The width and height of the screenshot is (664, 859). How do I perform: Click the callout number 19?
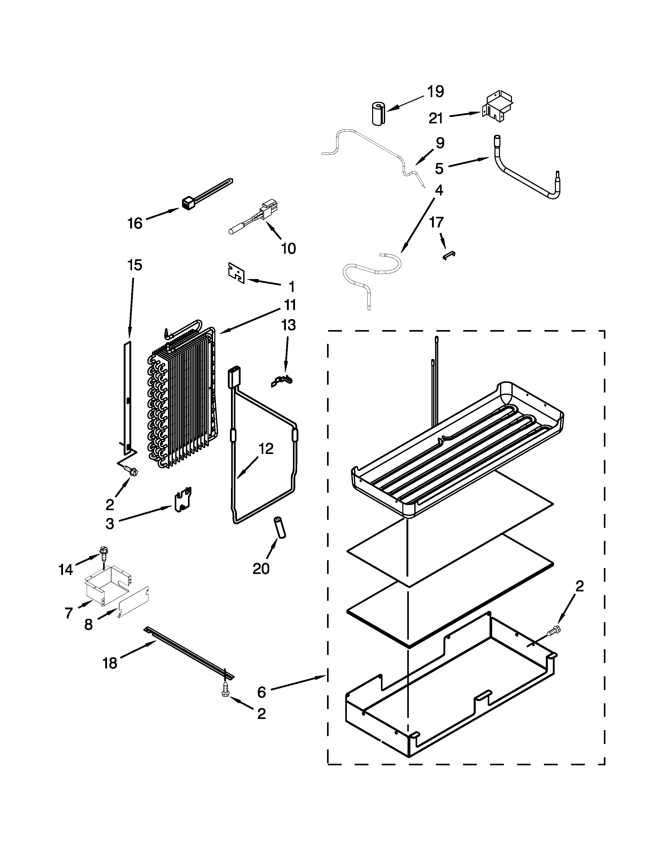[435, 92]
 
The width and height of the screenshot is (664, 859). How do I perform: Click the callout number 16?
[135, 223]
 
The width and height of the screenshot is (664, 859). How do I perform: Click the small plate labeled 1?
[236, 273]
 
